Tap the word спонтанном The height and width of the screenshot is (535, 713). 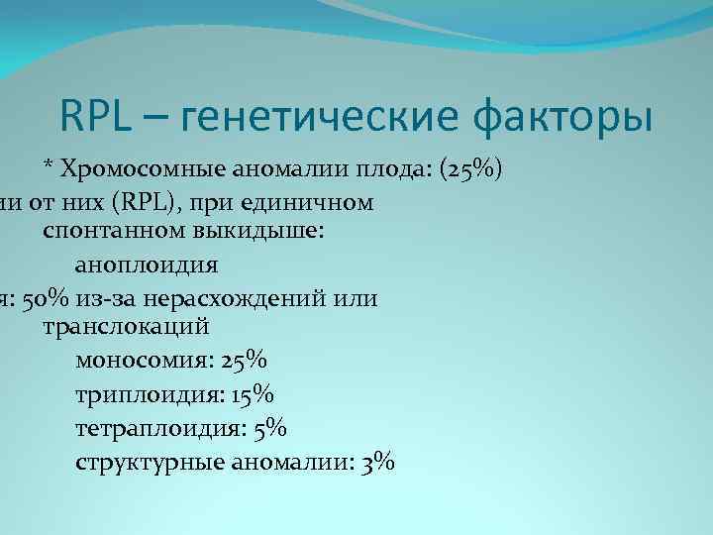pos(102,235)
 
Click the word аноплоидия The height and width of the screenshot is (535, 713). pos(146,266)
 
